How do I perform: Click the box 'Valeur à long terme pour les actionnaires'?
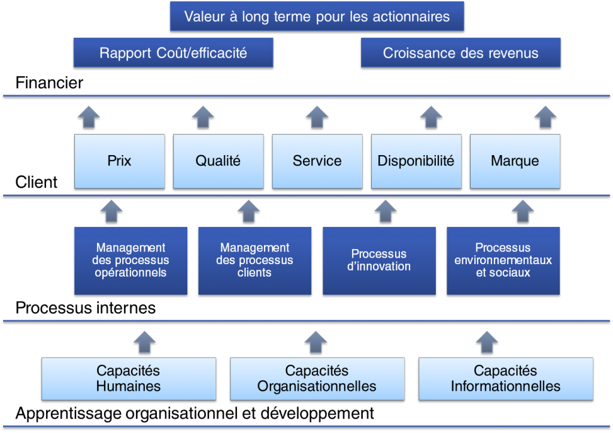317,16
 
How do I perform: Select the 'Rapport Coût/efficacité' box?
173,53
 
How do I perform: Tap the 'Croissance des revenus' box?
460,53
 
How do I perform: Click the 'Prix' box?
119,161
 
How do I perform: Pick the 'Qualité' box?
218,161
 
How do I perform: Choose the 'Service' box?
317,161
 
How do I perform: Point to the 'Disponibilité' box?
416,161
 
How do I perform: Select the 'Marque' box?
515,161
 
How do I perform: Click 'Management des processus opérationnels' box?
131,261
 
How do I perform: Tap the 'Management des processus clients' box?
254,261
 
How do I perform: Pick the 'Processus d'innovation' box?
379,261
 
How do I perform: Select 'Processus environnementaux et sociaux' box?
503,261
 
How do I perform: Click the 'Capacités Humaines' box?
128,379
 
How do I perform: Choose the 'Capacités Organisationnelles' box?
317,379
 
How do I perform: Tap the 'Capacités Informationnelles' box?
505,379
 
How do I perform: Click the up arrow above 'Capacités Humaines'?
144,341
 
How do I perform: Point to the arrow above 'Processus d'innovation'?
386,211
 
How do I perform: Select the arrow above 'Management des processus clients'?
248,211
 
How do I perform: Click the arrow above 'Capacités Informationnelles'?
487,341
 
